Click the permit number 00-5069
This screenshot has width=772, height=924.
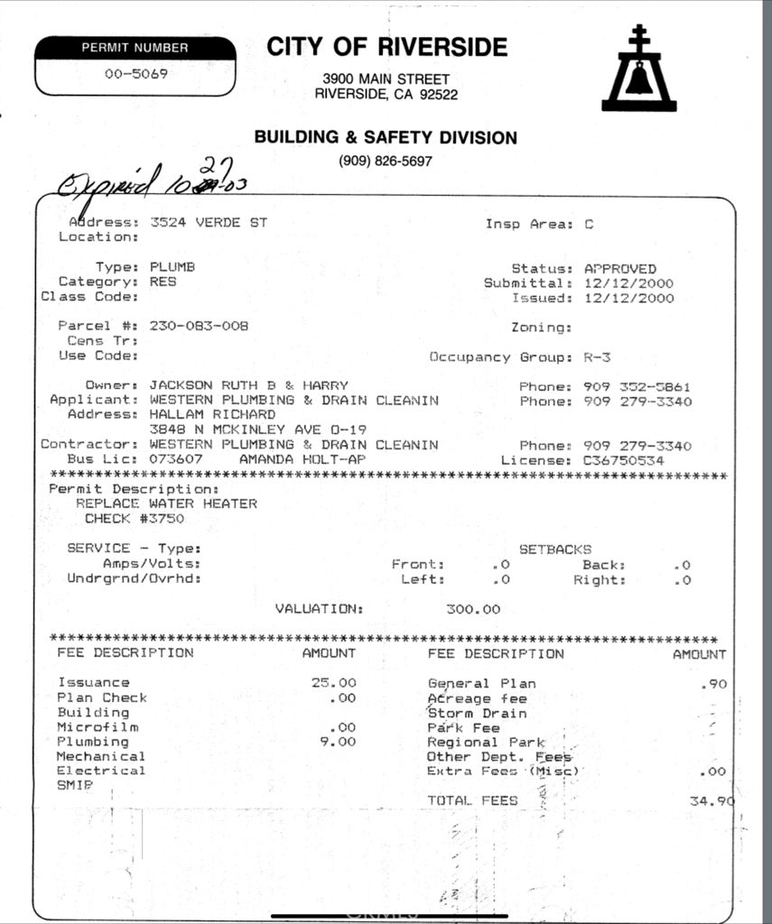[x=135, y=74]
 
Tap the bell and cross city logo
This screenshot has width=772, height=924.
[x=639, y=69]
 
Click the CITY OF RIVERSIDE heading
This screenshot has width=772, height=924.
[x=386, y=47]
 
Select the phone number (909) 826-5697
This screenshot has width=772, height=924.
[x=386, y=162]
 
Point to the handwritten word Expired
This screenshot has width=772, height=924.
[x=107, y=185]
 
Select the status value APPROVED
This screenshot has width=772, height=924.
[x=620, y=268]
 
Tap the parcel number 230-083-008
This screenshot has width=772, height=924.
[x=199, y=326]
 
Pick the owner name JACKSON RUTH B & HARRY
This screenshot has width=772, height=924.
[x=248, y=385]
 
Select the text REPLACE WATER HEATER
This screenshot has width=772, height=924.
[x=166, y=504]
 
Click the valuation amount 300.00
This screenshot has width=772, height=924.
[x=473, y=609]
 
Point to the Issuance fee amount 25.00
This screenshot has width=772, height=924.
[x=334, y=682]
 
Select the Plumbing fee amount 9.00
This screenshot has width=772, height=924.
[x=339, y=742]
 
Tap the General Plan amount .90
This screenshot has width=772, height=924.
[x=713, y=684]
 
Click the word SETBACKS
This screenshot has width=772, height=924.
[x=555, y=549]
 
